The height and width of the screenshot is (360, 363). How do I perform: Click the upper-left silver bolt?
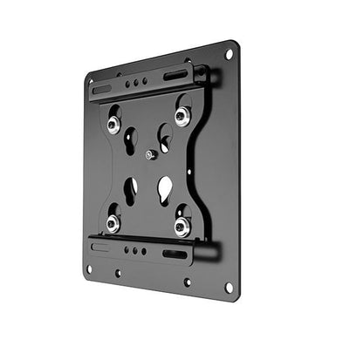(114, 124)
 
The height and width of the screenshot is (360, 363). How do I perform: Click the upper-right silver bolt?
(181, 117)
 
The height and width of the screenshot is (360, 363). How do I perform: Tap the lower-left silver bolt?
(113, 223)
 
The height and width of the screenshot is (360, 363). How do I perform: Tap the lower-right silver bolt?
(181, 228)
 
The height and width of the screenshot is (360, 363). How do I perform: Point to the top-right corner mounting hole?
(229, 54)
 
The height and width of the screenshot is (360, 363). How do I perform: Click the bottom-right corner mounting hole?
(229, 287)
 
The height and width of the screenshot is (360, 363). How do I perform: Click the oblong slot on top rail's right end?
(175, 76)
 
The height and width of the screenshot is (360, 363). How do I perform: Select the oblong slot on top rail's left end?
(102, 89)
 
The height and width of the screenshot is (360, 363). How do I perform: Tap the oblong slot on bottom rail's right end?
(175, 255)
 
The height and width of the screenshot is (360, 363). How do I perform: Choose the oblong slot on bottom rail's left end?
(101, 246)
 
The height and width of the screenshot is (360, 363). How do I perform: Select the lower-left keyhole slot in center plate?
(130, 190)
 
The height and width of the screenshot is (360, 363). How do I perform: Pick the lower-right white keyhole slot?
(164, 188)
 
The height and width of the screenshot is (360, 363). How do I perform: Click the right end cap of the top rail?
(210, 75)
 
